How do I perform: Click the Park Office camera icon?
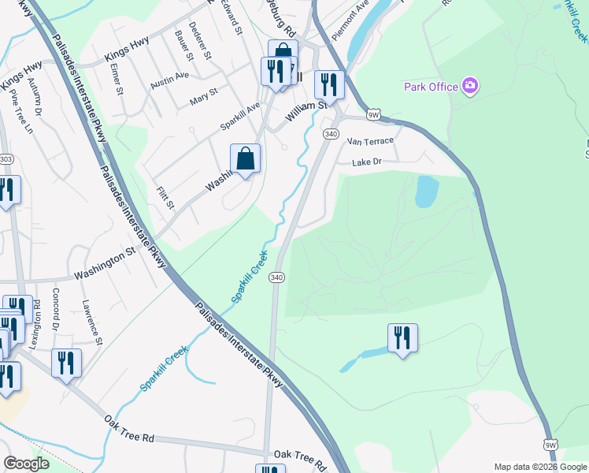(x=470, y=86)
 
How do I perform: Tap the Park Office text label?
(x=431, y=87)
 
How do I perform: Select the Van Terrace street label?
(x=370, y=140)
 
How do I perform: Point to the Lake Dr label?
(x=366, y=162)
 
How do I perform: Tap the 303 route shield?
(x=6, y=159)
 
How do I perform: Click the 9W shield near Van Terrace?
(x=373, y=114)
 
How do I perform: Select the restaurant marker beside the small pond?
(x=402, y=338)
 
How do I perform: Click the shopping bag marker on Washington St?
(x=246, y=159)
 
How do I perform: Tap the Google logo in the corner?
(x=26, y=464)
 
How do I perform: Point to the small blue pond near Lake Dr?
(x=426, y=191)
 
